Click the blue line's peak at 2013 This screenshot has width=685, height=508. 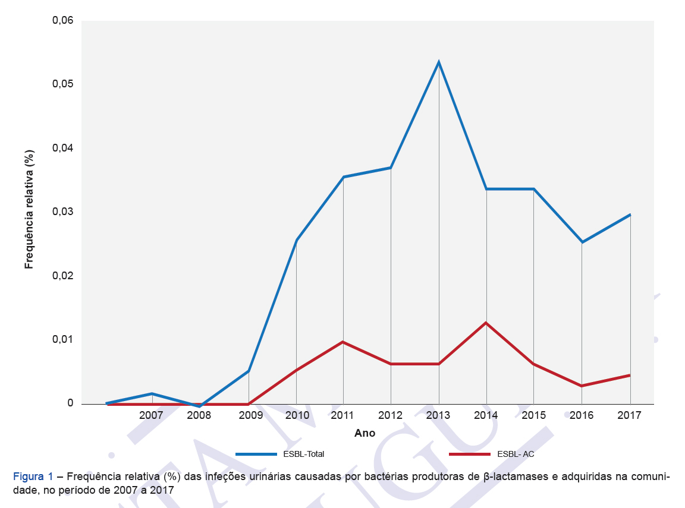point(439,62)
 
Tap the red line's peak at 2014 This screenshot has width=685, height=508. point(486,323)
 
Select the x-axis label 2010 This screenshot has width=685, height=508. point(296,415)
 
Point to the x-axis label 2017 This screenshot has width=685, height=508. point(629,415)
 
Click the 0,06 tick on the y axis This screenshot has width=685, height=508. point(62,21)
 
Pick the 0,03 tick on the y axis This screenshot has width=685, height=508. point(62,212)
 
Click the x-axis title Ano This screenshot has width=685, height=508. point(365,433)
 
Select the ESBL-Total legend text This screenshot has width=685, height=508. point(304,454)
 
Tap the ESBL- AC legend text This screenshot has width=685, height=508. point(516,454)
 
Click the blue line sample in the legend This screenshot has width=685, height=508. point(256,454)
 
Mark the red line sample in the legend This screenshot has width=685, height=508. point(470,454)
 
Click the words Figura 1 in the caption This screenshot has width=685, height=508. point(33,477)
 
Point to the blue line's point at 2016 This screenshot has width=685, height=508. point(582,242)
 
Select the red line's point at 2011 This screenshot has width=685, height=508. point(343,342)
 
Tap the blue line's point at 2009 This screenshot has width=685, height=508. point(249,371)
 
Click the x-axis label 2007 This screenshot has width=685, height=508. point(151,415)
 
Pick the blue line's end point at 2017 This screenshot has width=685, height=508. point(630,214)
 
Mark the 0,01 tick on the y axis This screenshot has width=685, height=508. point(62,340)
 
